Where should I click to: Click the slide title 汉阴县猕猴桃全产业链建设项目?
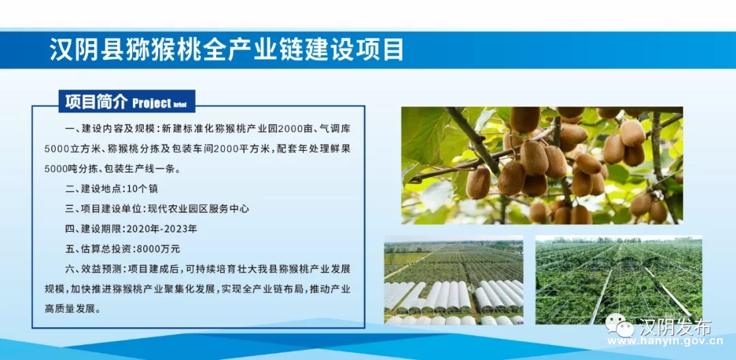pyautogui.click(x=227, y=50)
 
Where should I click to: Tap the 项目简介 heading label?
pyautogui.click(x=96, y=102)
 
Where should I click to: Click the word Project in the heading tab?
pyautogui.click(x=151, y=103)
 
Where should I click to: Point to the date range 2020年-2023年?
pyautogui.click(x=161, y=230)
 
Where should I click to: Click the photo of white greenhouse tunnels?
pyautogui.click(x=453, y=280)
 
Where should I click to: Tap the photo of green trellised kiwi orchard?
pyautogui.click(x=619, y=280)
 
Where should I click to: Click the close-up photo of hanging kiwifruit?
pyautogui.click(x=542, y=165)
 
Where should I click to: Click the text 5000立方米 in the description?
pyautogui.click(x=69, y=149)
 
